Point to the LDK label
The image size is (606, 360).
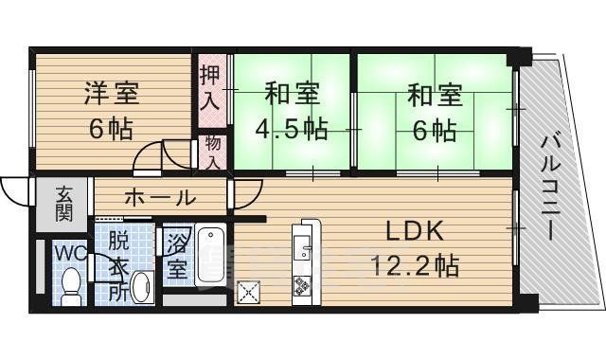click(x=413, y=232)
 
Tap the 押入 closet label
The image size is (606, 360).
click(x=210, y=86)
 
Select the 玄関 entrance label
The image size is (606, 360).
click(x=63, y=204)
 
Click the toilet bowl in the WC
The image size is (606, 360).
click(x=70, y=285)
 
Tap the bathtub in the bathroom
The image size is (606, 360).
click(x=209, y=255)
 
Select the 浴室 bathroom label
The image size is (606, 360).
click(x=176, y=255)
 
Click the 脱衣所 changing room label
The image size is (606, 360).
click(x=117, y=265)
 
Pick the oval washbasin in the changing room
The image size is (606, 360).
click(x=141, y=286)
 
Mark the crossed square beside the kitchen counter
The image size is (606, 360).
click(x=249, y=294)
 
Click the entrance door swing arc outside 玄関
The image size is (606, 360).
click(x=14, y=191)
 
